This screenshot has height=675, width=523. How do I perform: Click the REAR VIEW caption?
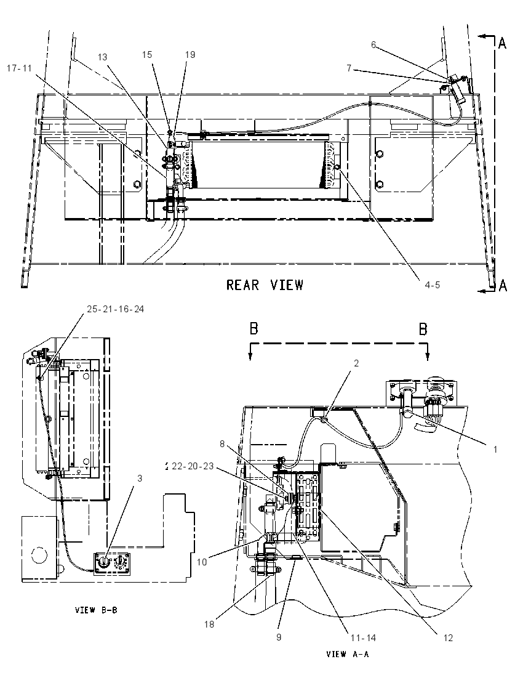click(265, 285)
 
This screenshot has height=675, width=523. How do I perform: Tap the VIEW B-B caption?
click(96, 610)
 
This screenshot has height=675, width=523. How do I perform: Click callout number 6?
click(373, 44)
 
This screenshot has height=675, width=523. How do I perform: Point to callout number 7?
click(349, 68)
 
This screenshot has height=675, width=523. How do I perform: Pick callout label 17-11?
click(19, 68)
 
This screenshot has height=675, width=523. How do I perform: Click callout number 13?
click(102, 57)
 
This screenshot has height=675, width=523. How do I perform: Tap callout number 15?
click(147, 55)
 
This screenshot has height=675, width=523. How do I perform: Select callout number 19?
click(190, 55)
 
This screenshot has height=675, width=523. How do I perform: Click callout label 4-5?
click(432, 285)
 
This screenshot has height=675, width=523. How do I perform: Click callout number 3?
click(140, 479)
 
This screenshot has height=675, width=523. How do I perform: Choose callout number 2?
click(356, 363)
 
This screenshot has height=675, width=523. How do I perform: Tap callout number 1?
click(495, 450)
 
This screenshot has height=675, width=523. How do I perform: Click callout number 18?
click(209, 624)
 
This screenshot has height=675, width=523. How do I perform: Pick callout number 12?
click(448, 637)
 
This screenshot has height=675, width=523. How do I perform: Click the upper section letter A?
click(502, 43)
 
